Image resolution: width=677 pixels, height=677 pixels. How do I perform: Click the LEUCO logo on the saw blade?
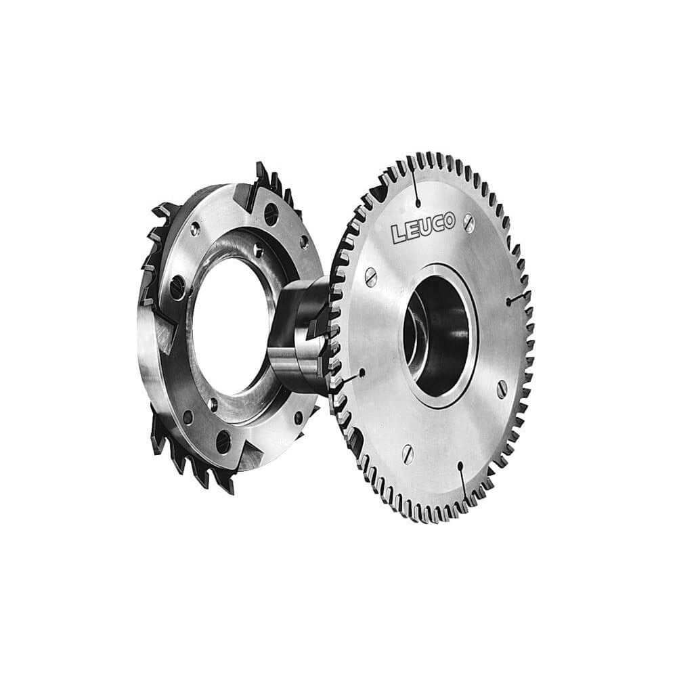(x=424, y=227)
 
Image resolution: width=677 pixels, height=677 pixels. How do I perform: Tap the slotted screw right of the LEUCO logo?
(x=468, y=222)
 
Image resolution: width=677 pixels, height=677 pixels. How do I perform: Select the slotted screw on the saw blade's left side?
(x=371, y=277)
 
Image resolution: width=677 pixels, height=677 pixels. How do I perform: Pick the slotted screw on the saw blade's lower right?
(x=501, y=389)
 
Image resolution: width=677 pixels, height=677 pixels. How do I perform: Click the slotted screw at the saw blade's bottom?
(x=408, y=454)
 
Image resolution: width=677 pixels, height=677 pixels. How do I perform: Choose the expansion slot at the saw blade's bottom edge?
(x=463, y=481)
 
